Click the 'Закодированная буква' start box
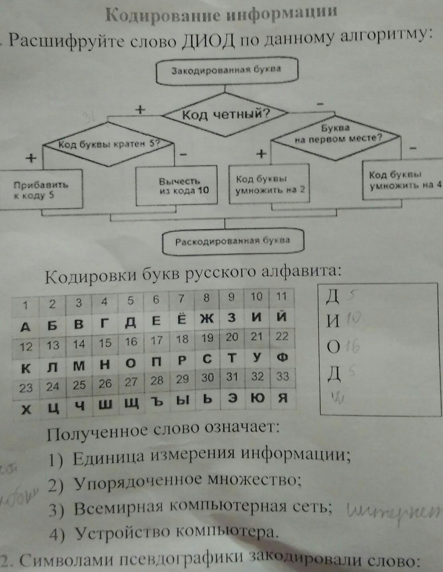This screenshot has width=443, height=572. pos(226,71)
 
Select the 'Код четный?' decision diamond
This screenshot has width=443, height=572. pos(226,115)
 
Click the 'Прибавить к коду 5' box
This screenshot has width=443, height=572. pos(41,190)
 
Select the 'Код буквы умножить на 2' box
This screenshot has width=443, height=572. pos(269,184)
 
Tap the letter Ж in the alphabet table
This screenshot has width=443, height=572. pos(206,319)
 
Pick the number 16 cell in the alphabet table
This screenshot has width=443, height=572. pos(131,342)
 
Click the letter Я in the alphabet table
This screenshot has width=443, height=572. pos(283,398)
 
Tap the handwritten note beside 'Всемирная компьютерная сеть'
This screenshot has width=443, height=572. pos(393,510)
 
